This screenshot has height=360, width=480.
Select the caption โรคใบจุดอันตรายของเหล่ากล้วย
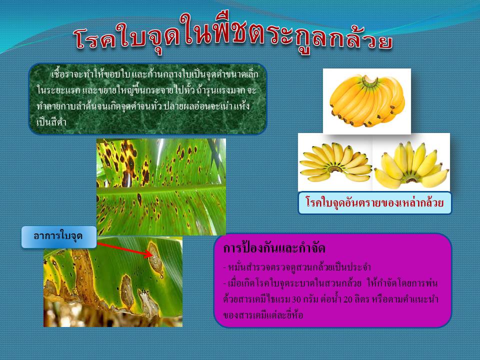[374, 202]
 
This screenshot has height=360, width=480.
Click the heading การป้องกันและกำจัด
[274, 248]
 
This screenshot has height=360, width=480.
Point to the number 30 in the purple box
[297, 299]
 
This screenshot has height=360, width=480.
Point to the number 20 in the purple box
[348, 299]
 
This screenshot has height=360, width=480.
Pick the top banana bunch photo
[366, 101]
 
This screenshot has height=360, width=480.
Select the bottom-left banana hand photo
[335, 162]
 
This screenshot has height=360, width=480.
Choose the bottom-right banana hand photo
[411, 162]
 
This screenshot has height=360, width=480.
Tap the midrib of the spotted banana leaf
[161, 189]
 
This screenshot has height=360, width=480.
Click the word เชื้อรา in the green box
[61, 74]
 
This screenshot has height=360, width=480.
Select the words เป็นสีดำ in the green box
[51, 122]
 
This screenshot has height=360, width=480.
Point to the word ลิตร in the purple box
[362, 299]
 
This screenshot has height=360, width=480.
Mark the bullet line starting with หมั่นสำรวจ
[297, 267]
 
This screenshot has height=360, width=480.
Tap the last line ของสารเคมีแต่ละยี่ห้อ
[263, 315]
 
